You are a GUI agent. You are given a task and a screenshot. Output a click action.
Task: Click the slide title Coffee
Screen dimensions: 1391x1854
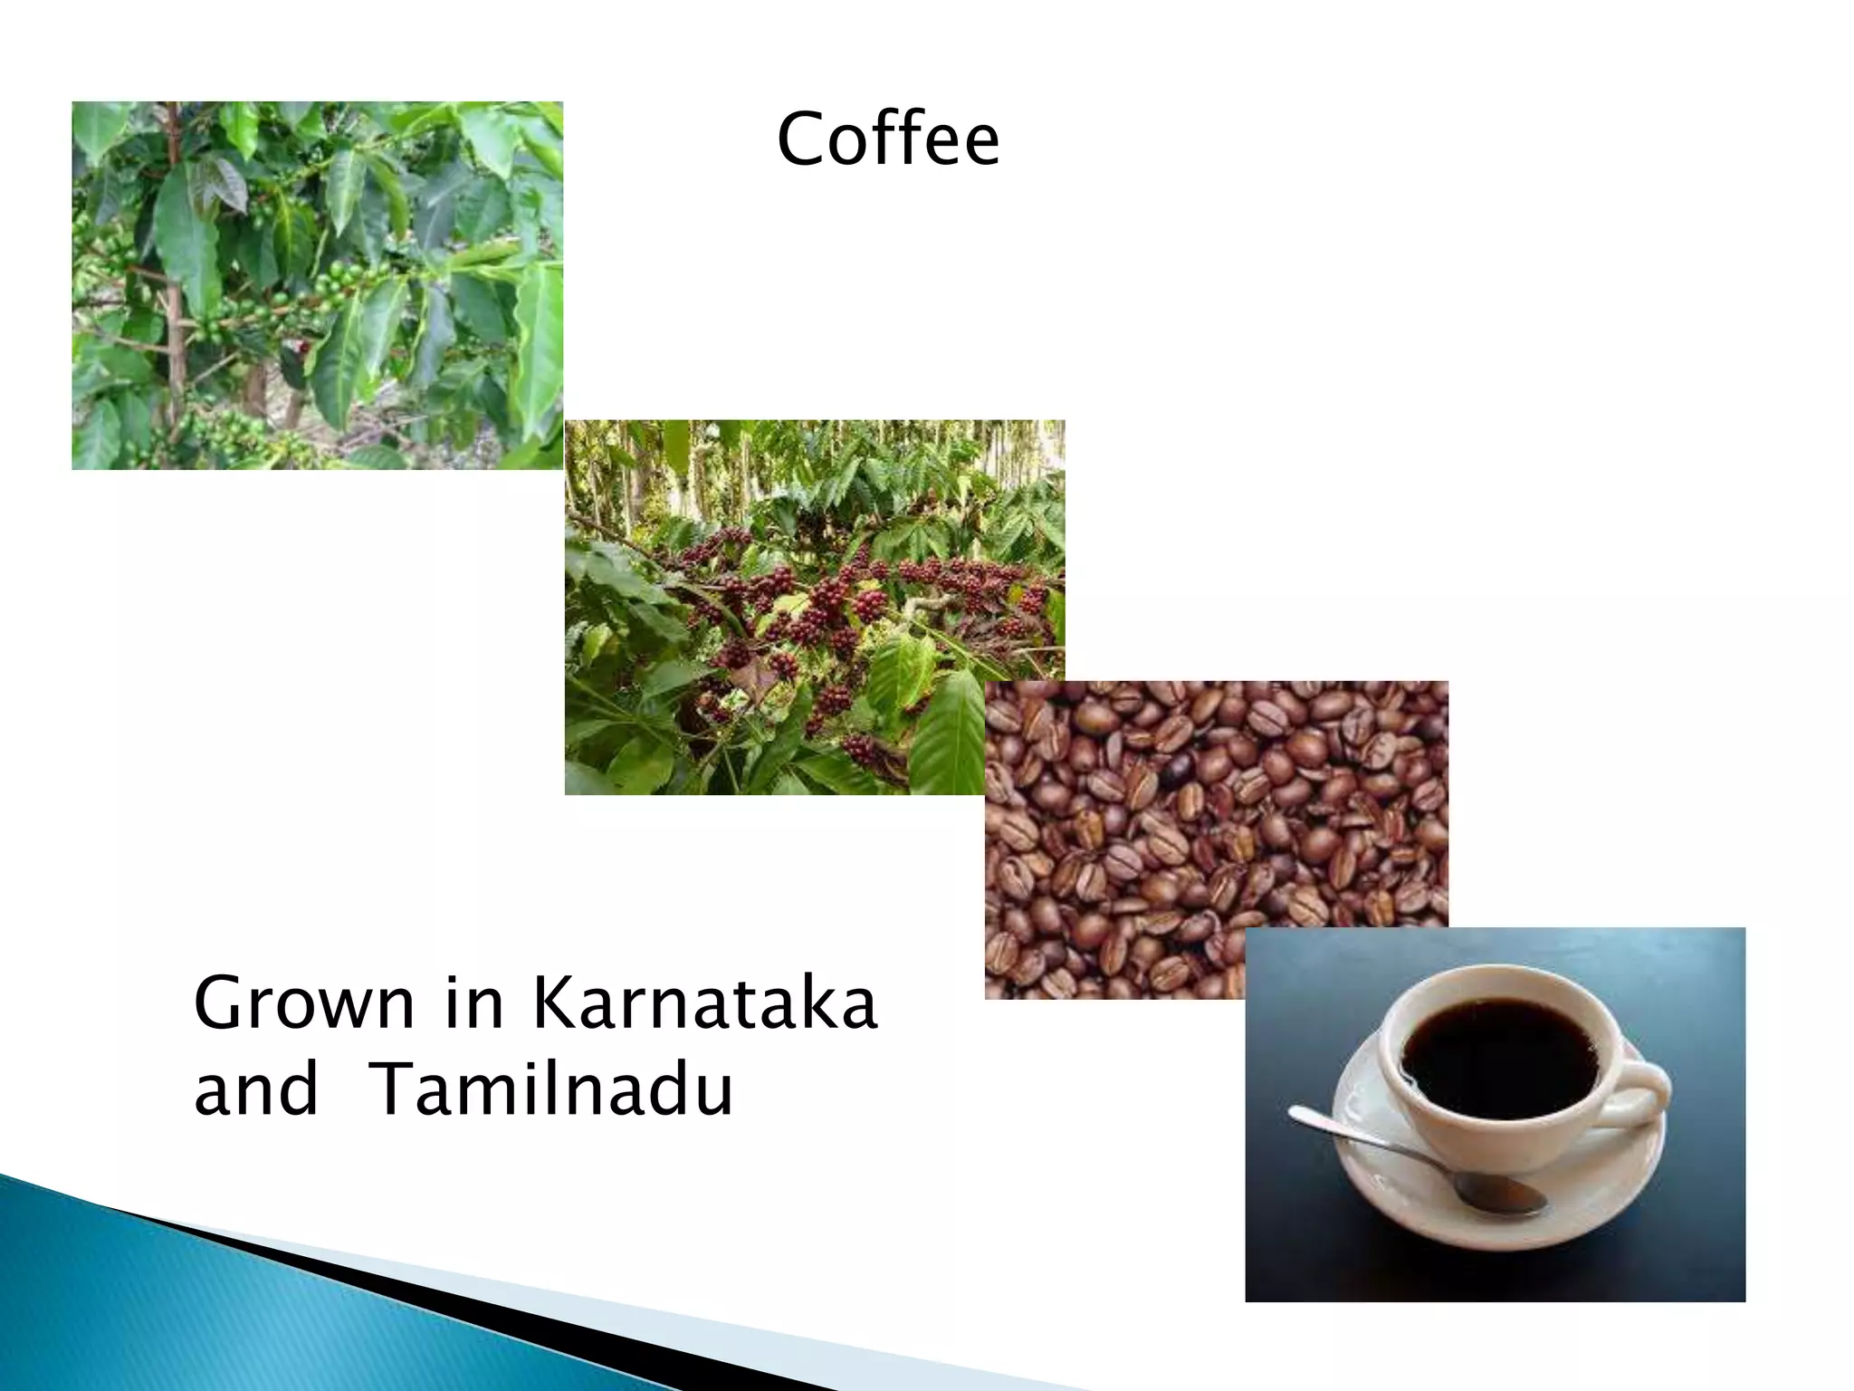tap(887, 139)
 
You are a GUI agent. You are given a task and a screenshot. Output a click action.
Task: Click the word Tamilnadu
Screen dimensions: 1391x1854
tap(551, 1089)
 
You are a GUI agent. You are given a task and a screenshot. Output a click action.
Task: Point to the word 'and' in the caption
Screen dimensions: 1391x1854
tap(256, 1089)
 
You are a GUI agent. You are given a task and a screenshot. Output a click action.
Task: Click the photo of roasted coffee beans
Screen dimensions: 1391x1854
tap(1213, 815)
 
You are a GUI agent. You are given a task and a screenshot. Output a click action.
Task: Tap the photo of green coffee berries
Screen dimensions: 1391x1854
tap(317, 285)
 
